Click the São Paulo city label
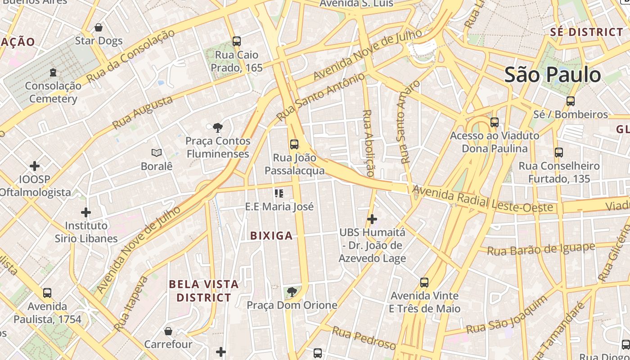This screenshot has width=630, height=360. tap(553, 74)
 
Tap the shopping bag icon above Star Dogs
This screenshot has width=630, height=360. tap(99, 27)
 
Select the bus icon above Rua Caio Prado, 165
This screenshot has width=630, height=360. tap(237, 41)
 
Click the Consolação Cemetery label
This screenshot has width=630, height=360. tap(53, 92)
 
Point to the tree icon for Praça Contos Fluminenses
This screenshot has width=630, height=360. tap(218, 127)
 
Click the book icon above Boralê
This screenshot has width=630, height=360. tap(157, 153)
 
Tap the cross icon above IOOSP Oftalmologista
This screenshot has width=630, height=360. tap(35, 166)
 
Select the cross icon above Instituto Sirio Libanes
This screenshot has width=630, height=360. tap(86, 212)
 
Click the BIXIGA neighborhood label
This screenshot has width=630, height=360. tap(271, 236)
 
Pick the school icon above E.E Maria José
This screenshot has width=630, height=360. tap(279, 193)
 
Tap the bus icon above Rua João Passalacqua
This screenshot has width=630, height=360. tap(294, 144)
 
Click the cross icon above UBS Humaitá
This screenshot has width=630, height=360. tap(372, 219)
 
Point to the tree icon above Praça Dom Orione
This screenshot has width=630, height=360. tap(292, 292)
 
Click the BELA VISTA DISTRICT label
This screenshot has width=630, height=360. tap(204, 291)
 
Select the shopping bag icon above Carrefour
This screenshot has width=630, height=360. tap(168, 331)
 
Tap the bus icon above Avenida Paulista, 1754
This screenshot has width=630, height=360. tap(47, 293)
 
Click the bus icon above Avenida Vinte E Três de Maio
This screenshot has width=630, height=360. tap(424, 283)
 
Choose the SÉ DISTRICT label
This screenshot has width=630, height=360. tap(587, 32)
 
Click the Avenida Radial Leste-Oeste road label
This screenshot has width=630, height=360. tap(482, 199)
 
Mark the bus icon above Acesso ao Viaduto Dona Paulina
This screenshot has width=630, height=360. tap(495, 122)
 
